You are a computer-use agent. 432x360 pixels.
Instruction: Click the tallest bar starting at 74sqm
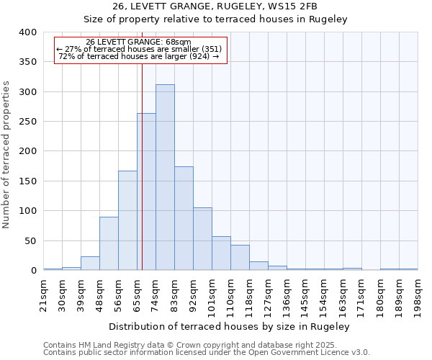pyautogui.click(x=165, y=177)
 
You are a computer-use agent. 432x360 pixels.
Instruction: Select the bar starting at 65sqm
pyautogui.click(x=146, y=192)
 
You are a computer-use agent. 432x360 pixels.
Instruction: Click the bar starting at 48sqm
pyautogui.click(x=109, y=243)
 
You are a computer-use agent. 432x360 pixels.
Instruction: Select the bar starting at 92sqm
pyautogui.click(x=202, y=239)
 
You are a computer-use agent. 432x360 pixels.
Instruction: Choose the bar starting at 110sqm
pyautogui.click(x=240, y=258)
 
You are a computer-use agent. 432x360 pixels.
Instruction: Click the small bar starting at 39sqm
pyautogui.click(x=90, y=264)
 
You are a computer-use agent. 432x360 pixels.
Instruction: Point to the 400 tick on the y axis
pyautogui.click(x=28, y=32)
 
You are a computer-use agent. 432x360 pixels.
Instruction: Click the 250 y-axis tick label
pyautogui.click(x=28, y=122)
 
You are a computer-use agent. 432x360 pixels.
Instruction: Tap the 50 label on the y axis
pyautogui.click(x=30, y=241)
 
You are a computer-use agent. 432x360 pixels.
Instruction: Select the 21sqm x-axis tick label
pyautogui.click(x=44, y=294)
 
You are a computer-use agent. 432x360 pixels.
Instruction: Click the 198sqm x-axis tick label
pyautogui.click(x=418, y=294)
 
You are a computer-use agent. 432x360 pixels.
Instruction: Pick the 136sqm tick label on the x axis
pyautogui.click(x=287, y=294)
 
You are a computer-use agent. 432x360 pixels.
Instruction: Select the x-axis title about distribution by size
pyautogui.click(x=230, y=326)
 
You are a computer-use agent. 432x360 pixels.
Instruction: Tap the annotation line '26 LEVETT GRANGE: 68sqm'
pyautogui.click(x=138, y=42)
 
